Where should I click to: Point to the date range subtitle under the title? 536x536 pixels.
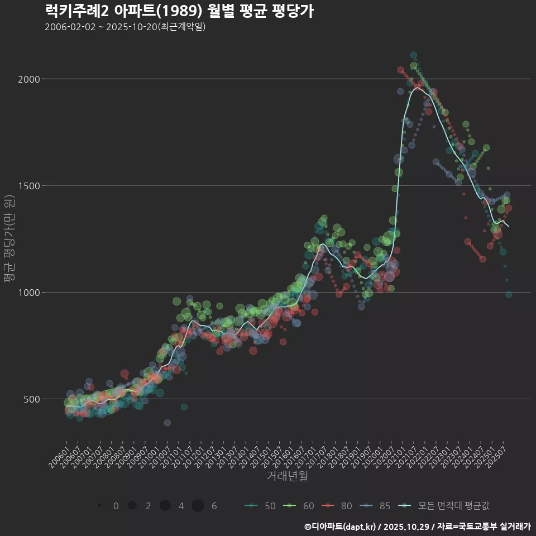(x=125, y=27)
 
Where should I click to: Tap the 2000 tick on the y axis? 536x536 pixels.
(x=30, y=79)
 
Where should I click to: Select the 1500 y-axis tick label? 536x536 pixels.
(x=30, y=186)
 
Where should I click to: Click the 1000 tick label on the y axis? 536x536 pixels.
(x=30, y=293)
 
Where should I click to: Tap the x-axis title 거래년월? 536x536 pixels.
(x=287, y=476)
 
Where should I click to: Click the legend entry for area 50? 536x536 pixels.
(x=260, y=506)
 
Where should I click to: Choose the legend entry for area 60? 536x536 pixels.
(x=299, y=506)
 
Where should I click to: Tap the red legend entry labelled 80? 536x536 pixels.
(x=337, y=506)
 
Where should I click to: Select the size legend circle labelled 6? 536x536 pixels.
(x=198, y=506)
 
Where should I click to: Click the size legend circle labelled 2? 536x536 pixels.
(x=132, y=506)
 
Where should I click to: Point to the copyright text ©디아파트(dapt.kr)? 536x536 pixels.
(x=341, y=527)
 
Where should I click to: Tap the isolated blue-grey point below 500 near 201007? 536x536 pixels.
(x=167, y=423)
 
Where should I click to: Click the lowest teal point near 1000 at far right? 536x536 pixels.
(x=509, y=294)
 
